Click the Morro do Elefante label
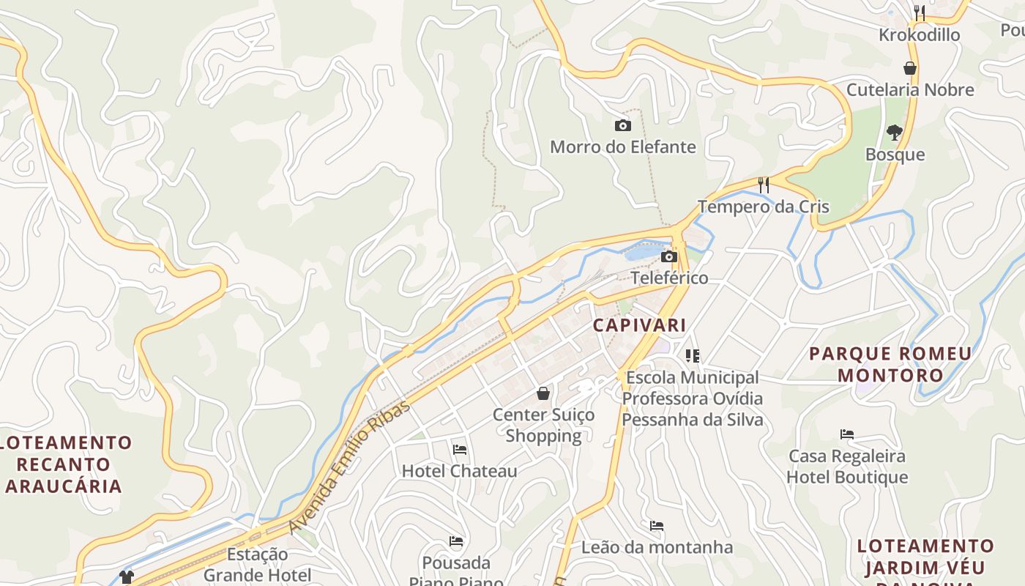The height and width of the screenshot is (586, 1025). pos(622,146)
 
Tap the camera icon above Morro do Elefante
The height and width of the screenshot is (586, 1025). pos(622,125)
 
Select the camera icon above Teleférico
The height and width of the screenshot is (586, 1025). pos(668,256)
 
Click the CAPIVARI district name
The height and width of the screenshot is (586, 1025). pos(639,324)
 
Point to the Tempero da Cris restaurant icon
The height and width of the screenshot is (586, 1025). pos(764,185)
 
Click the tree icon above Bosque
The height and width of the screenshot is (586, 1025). pos(894,133)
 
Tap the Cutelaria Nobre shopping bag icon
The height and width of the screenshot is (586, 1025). pos(910,68)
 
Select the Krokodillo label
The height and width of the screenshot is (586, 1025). pos(919,34)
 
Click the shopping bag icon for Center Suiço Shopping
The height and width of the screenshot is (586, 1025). pos(543,393)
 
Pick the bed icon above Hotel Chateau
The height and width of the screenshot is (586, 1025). pos(460,449)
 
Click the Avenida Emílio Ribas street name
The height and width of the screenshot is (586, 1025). pos(349,467)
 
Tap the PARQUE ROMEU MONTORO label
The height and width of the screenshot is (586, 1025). pos(890,364)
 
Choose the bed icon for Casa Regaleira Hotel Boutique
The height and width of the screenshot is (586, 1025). pos(847,434)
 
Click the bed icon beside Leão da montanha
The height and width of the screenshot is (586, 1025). pos(657,526)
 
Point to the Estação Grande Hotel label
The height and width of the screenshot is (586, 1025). pos(257,564)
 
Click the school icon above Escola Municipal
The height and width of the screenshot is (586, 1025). pos(693,356)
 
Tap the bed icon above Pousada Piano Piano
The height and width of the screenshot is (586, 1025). pos(456,542)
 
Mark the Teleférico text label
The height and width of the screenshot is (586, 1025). pos(669,278)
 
